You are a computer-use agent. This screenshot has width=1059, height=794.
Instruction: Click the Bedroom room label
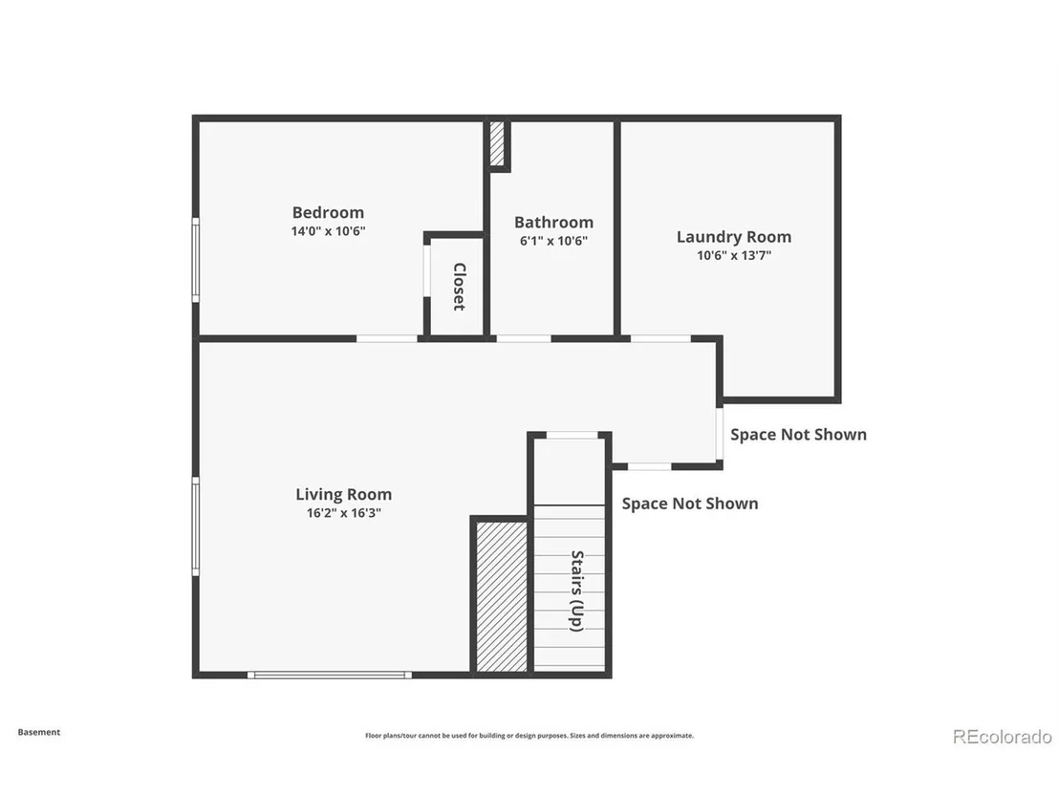pos(328,213)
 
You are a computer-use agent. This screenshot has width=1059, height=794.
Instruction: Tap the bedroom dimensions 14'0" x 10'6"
pos(328,231)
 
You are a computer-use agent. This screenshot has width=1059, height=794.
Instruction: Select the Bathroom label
pos(553,222)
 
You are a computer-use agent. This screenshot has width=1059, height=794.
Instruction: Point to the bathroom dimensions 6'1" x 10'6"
pos(553,241)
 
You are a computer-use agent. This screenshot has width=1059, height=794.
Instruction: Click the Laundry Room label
pos(734,238)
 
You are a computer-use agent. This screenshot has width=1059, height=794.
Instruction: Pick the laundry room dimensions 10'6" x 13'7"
pos(734,255)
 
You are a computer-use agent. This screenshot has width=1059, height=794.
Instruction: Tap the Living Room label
pos(344,495)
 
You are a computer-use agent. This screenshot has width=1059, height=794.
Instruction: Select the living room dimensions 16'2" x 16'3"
pos(344,513)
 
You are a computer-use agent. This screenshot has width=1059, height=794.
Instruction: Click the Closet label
pos(460,287)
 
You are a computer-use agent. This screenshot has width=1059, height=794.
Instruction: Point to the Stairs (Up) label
pos(576,590)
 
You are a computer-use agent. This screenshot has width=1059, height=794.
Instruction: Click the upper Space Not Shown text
pos(798,435)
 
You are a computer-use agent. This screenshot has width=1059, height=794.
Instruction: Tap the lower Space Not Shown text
pos(689,504)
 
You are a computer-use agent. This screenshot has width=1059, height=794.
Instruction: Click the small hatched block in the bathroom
pos(497,143)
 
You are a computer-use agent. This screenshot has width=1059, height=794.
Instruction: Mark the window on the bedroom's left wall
pos(196,260)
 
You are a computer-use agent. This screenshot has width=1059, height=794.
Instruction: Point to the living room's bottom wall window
pos(330,675)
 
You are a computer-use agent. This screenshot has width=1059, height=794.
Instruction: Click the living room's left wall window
pos(196,526)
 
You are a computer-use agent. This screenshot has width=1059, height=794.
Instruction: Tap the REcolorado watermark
pos(1003,737)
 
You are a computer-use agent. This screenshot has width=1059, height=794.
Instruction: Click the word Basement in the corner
pos(39,732)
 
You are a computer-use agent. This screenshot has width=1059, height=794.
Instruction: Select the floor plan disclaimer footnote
pos(529,736)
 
